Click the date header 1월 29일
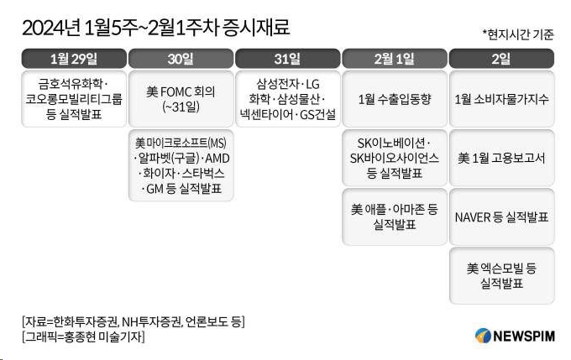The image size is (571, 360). click(74, 59)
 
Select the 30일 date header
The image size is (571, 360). click(181, 59)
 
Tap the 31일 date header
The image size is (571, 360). click(288, 59)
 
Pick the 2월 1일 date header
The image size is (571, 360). click(395, 59)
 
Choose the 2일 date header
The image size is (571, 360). click(501, 59)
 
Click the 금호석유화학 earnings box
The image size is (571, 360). click(74, 98)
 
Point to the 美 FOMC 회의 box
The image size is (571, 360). click(181, 98)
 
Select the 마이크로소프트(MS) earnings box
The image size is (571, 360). click(181, 165)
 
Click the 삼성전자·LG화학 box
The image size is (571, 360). click(288, 98)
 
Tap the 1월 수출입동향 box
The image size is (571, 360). click(395, 98)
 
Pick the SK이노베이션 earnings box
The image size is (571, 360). click(395, 158)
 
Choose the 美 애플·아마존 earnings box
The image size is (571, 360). click(395, 217)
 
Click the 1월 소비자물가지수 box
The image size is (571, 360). click(501, 98)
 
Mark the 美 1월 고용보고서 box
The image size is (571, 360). click(501, 158)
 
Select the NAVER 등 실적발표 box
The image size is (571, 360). click(501, 217)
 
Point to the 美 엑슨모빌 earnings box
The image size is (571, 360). click(501, 275)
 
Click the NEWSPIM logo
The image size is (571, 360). click(512, 335)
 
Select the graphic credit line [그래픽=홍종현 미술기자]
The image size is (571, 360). click(83, 337)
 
